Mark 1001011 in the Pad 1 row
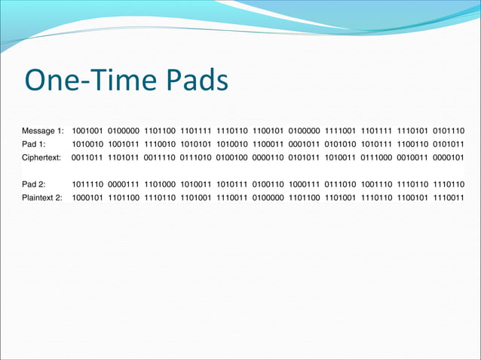coord(124,144)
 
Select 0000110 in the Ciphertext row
coord(268,157)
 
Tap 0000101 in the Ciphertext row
coord(449,157)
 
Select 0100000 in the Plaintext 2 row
coord(268,197)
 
